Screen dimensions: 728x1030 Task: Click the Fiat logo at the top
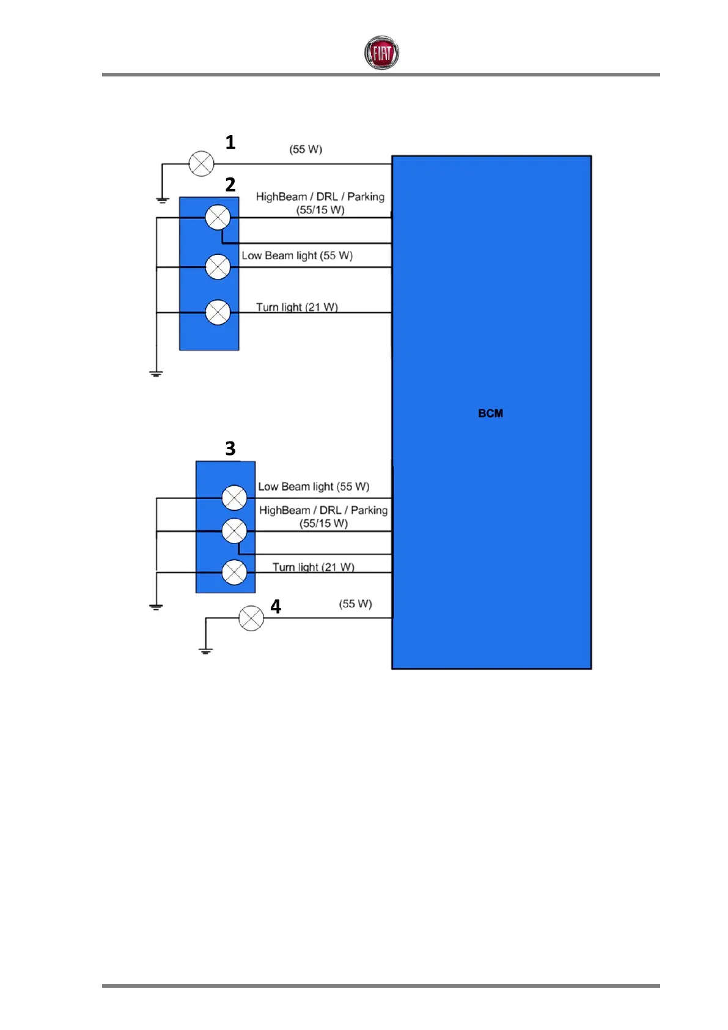pos(381,53)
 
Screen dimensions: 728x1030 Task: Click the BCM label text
pos(490,413)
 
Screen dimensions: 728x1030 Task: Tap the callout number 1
pos(230,143)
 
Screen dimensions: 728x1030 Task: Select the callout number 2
pos(230,185)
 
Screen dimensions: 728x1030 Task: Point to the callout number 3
pos(230,448)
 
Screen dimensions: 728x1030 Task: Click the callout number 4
pos(276,607)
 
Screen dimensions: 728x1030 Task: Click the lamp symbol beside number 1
pos(201,164)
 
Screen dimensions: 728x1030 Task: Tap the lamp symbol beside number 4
pos(251,618)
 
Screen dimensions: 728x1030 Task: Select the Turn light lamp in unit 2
pos(218,313)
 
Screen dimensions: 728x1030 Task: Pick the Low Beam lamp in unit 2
pos(218,267)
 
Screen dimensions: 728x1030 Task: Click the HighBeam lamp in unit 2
pos(218,217)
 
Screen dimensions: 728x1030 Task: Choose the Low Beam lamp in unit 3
pos(234,498)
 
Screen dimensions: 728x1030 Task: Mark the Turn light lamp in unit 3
pos(234,572)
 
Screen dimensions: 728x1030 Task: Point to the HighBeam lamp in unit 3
pos(234,531)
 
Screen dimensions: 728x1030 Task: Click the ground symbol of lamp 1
pos(162,199)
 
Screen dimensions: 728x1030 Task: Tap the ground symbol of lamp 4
pos(205,651)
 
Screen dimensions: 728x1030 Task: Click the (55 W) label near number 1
pos(306,149)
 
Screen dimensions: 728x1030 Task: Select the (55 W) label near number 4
pos(355,604)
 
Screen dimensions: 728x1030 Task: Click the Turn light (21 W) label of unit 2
pos(296,307)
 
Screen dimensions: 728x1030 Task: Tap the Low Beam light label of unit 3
pos(313,487)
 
